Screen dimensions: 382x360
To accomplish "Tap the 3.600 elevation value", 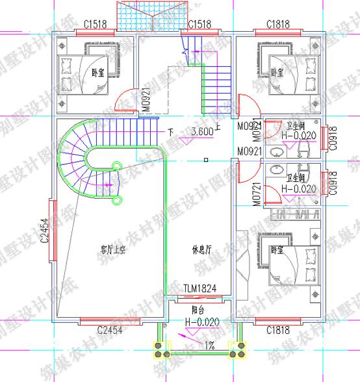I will coord(202,132).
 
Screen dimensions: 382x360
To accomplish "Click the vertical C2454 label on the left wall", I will coord(44,230).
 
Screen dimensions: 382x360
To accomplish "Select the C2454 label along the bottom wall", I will coord(110,331).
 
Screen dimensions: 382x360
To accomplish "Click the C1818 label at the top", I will coord(277,25).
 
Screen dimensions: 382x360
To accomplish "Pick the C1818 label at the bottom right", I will coord(277,331).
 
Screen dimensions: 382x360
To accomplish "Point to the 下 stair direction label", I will coord(171,132).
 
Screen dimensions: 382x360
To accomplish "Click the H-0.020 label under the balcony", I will coord(201,322).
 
